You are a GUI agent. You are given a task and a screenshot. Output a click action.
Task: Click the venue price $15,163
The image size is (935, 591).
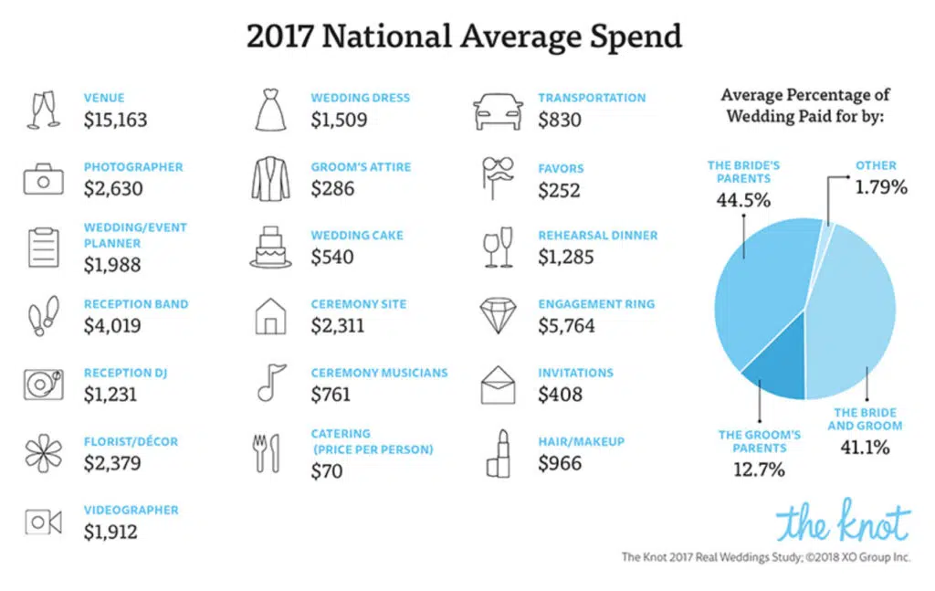[x=115, y=120]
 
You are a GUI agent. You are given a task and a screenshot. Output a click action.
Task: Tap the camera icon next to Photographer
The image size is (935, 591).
[x=43, y=179]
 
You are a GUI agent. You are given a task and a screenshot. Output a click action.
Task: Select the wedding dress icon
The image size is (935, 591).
[x=270, y=111]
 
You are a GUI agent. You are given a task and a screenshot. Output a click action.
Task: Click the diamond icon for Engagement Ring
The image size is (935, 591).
[x=499, y=315]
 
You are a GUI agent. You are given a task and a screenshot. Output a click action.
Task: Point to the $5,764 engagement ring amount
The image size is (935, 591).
[x=566, y=325]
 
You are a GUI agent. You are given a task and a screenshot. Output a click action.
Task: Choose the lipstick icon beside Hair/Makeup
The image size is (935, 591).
[x=499, y=453]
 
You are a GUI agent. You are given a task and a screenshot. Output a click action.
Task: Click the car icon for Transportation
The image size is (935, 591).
[x=499, y=111]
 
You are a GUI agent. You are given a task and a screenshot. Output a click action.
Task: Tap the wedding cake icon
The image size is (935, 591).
[x=270, y=248]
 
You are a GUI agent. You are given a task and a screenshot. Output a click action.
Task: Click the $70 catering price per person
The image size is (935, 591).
[x=327, y=471]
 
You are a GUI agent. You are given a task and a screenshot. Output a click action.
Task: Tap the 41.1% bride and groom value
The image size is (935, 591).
[x=864, y=448]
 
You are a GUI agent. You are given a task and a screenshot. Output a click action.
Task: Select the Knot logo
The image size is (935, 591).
[x=843, y=522]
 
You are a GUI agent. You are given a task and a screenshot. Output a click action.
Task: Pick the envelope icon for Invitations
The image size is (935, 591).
[x=499, y=385]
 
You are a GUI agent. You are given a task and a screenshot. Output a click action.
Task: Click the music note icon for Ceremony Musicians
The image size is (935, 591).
[x=270, y=384]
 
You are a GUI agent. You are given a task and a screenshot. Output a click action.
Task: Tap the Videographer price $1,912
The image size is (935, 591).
[x=112, y=532]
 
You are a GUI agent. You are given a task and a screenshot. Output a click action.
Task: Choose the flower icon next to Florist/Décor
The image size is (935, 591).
[x=43, y=453]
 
